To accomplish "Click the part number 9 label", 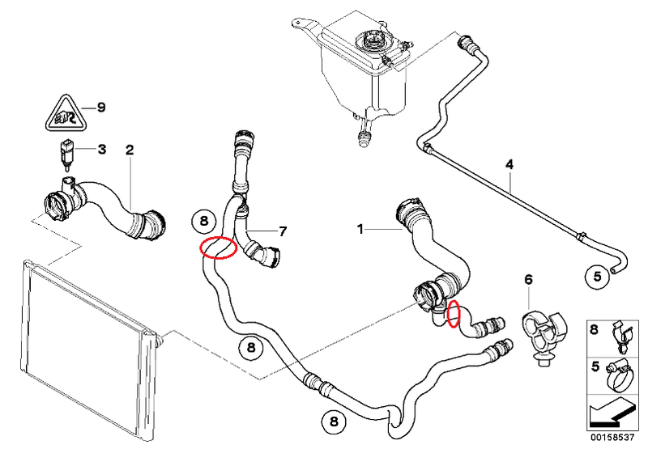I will (101, 107).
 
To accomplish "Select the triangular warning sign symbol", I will (61, 113).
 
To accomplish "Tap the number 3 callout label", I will (101, 149).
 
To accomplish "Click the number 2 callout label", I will (129, 150).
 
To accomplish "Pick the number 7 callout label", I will (282, 231).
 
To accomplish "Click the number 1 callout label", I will (361, 230).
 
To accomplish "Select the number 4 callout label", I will (509, 165).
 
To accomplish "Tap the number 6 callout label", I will (528, 280).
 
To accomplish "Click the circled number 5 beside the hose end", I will (596, 276).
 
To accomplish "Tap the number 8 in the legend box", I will (595, 330).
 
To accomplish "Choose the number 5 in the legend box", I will (595, 366).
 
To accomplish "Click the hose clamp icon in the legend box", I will (620, 374).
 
